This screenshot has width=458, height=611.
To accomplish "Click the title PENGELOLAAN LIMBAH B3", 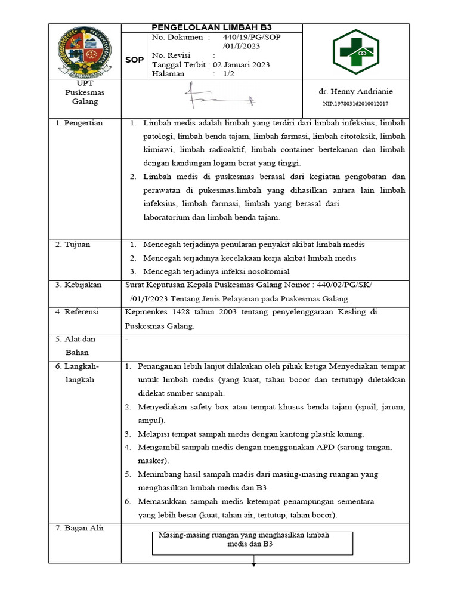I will coord(212,28).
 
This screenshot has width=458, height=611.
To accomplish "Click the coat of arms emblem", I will coord(85,52).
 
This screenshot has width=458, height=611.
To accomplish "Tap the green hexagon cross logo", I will coord(356,52).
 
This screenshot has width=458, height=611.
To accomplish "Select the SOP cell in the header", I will coord(133,60).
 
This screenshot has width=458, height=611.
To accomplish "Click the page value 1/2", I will coord(229,74).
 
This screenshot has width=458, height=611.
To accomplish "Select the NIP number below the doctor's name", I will coord(356,104).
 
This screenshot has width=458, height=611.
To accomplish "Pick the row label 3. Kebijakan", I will coord(78,285).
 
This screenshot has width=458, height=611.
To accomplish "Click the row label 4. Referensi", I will coord(78,311).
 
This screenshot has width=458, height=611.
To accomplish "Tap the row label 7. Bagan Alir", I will coord(79,528).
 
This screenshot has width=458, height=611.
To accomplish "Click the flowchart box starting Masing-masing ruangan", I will coord(253,542).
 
